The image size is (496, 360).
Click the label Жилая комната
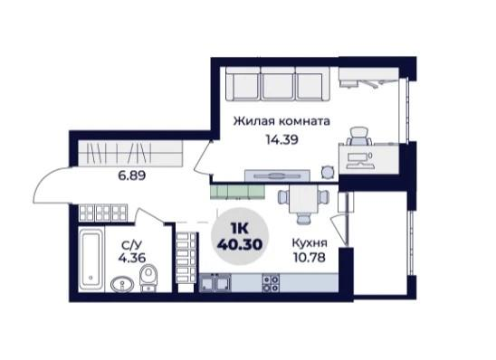pos(280,120)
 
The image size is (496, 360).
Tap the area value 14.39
pos(281,139)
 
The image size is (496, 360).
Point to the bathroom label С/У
pos(131,243)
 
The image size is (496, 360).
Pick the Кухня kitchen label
pos(310,243)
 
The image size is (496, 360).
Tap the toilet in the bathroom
pos(150,275)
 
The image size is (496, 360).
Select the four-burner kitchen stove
pos(270,284)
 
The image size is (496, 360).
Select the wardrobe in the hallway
pos(119,151)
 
